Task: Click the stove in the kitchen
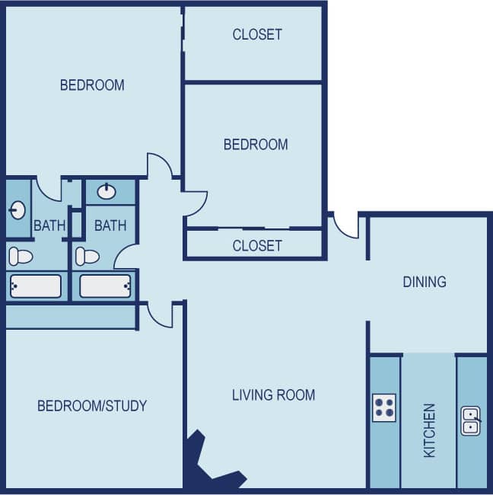(384, 408)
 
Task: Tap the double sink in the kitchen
(471, 421)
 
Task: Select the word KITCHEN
(430, 430)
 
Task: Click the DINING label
(425, 282)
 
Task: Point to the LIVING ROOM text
(273, 394)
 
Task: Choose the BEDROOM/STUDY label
(92, 405)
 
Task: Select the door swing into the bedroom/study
(161, 315)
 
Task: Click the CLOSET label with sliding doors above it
(257, 245)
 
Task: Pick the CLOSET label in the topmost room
(257, 34)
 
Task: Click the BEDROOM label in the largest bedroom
(92, 85)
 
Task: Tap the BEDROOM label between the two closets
(256, 144)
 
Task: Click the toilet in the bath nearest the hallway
(87, 256)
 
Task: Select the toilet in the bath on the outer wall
(20, 255)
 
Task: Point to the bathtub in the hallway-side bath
(106, 286)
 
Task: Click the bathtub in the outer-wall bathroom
(34, 286)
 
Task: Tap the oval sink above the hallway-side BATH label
(107, 191)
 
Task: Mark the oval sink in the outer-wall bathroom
(17, 210)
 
